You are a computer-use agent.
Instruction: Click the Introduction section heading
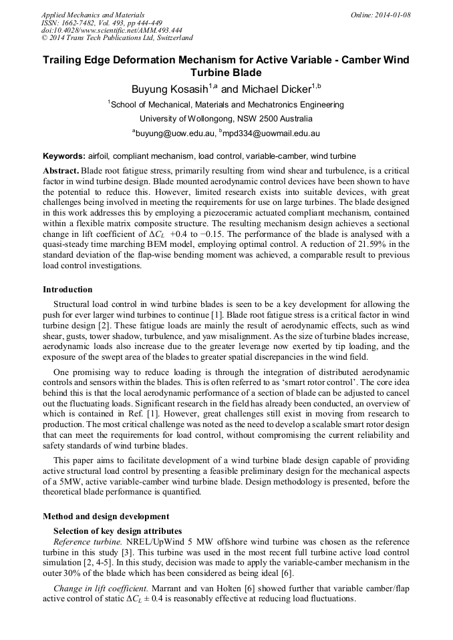click(67, 290)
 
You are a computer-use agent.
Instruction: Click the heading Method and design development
click(106, 516)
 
